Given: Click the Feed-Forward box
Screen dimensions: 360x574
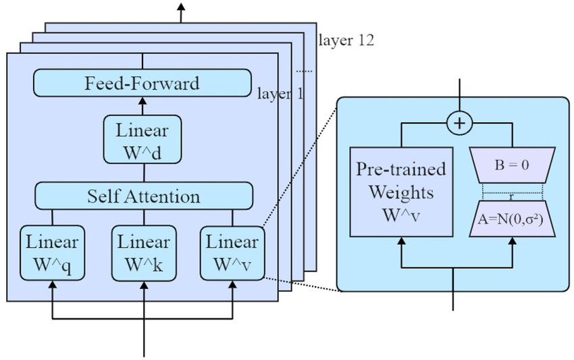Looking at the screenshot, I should point(142,84).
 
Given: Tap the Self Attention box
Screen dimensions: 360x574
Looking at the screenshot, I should point(143,196).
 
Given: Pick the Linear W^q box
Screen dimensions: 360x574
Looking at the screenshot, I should point(52,252).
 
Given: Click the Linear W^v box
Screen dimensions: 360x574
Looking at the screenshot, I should point(232,252).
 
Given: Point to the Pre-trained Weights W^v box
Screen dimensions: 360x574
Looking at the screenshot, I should point(401,191).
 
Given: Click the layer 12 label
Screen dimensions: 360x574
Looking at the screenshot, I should point(346,40).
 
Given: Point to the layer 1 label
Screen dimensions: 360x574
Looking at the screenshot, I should point(280,93).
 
